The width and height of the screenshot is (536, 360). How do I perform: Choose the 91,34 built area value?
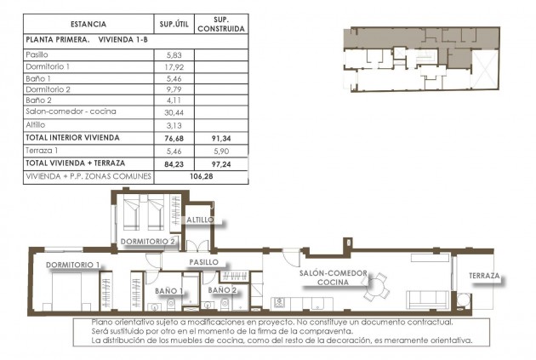220,136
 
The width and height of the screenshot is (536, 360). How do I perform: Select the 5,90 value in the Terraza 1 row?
220,149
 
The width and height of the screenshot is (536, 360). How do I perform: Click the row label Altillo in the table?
37,123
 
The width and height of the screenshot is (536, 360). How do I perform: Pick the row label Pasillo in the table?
38,54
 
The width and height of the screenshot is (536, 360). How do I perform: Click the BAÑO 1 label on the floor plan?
170,291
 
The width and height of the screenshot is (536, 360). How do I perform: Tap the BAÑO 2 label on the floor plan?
222,290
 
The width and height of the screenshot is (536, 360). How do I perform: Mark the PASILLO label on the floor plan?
204,262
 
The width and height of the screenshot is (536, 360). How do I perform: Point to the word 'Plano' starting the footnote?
104,323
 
